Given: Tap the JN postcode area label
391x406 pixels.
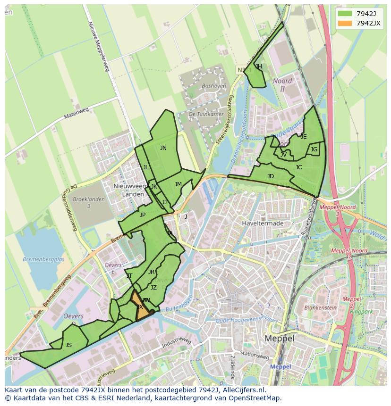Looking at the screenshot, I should pos(163,148).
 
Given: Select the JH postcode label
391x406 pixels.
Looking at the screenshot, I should pos(258,66).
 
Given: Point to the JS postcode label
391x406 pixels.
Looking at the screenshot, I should pos(68,345).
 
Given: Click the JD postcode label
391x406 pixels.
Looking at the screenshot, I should pos(270,176).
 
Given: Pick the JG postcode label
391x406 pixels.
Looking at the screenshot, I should pos(314,149).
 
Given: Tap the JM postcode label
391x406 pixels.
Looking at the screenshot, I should pos(178,184).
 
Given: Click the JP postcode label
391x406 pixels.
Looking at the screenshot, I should pos(142,215).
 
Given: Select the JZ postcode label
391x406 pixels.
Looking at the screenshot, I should pos(153,288).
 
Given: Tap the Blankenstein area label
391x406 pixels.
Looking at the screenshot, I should pos(320,307).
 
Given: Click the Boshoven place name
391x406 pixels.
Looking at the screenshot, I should pos(213,86).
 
